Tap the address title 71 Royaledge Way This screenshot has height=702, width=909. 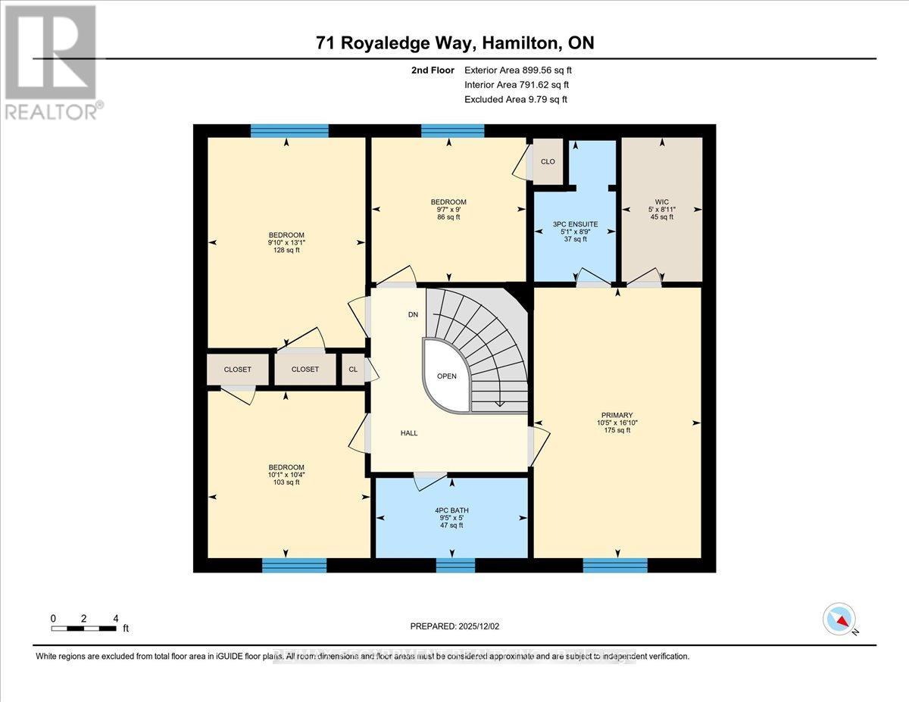click(454, 43)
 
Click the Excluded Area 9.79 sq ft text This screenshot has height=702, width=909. click(516, 99)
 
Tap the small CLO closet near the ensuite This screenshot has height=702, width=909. click(548, 161)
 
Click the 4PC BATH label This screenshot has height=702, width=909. click(451, 517)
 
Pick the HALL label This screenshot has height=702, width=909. click(409, 433)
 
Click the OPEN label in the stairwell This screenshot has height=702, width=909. click(447, 376)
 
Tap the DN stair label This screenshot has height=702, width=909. click(413, 314)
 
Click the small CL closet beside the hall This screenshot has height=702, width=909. click(353, 370)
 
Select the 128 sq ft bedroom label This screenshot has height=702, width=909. click(286, 242)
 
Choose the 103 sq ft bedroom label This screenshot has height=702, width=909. click(286, 474)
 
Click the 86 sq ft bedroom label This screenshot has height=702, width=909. click(448, 209)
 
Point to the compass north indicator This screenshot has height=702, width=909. click(839, 619)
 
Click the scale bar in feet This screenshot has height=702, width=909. click(85, 627)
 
